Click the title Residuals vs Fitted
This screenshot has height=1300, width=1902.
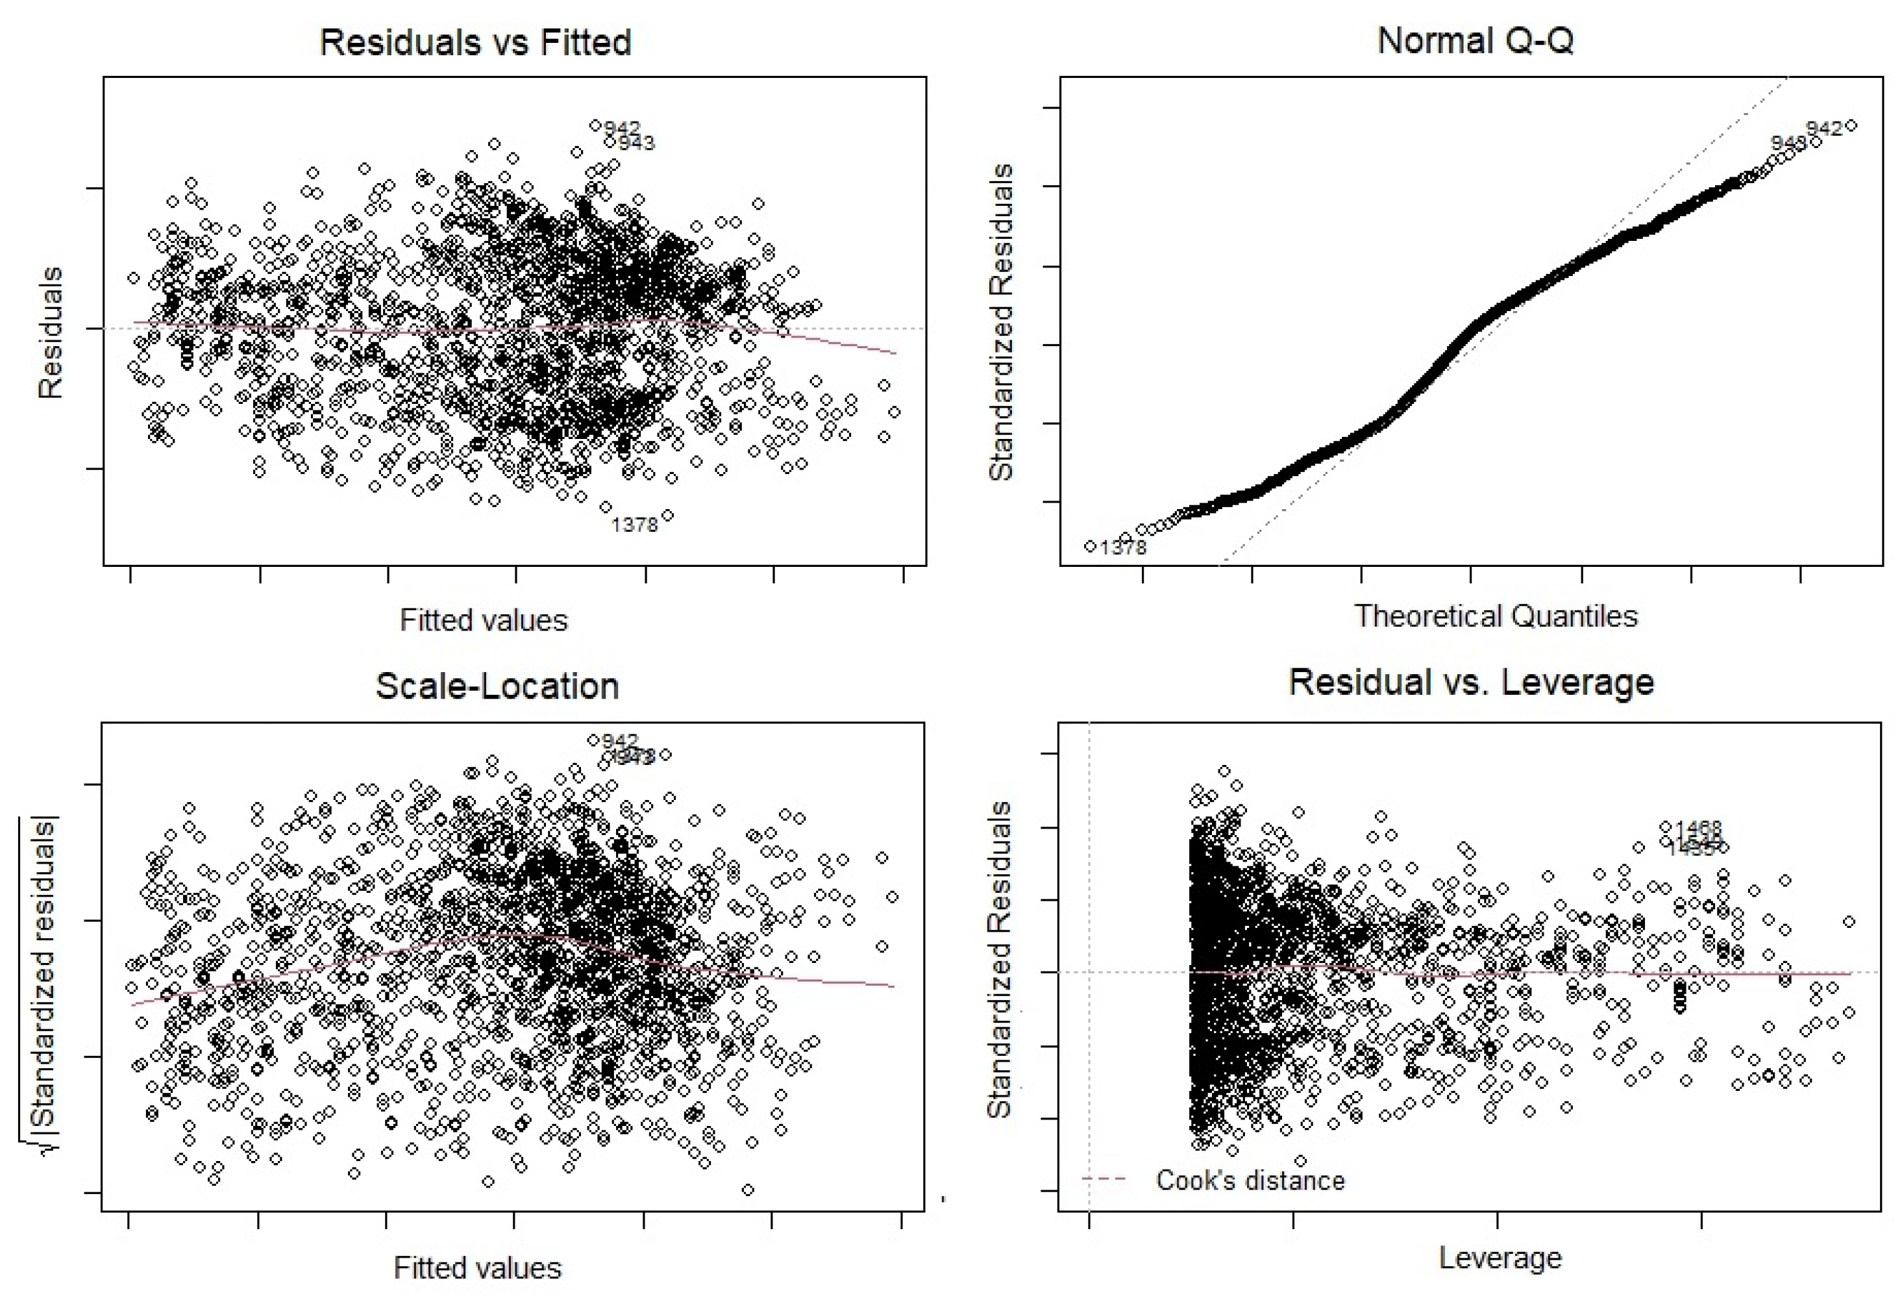tap(475, 43)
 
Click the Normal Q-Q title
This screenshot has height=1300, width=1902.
tap(1475, 40)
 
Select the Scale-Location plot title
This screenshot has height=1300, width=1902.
tap(497, 686)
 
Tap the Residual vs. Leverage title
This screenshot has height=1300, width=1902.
tap(1471, 682)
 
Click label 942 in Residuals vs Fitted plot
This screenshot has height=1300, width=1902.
tap(622, 129)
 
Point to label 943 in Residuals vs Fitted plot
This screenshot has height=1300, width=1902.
tap(637, 144)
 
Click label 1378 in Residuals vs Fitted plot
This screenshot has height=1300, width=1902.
tap(634, 525)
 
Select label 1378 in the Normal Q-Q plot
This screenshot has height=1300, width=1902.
tap(1123, 547)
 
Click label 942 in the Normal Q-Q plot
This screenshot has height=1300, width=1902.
tap(1824, 129)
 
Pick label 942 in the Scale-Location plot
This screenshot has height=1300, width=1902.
tap(619, 741)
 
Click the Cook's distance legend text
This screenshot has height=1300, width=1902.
tap(1250, 1181)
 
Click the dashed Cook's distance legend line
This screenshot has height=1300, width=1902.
tap(1104, 1180)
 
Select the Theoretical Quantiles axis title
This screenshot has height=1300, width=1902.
tap(1495, 616)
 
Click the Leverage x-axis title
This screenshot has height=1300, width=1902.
tap(1500, 1257)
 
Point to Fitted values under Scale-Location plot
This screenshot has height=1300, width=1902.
tap(477, 1268)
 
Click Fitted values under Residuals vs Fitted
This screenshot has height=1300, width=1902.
tap(483, 619)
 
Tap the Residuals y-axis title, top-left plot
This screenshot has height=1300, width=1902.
tap(51, 332)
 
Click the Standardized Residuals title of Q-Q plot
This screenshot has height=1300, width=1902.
tap(1001, 321)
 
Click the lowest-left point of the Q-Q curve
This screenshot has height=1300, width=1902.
tap(1090, 546)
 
